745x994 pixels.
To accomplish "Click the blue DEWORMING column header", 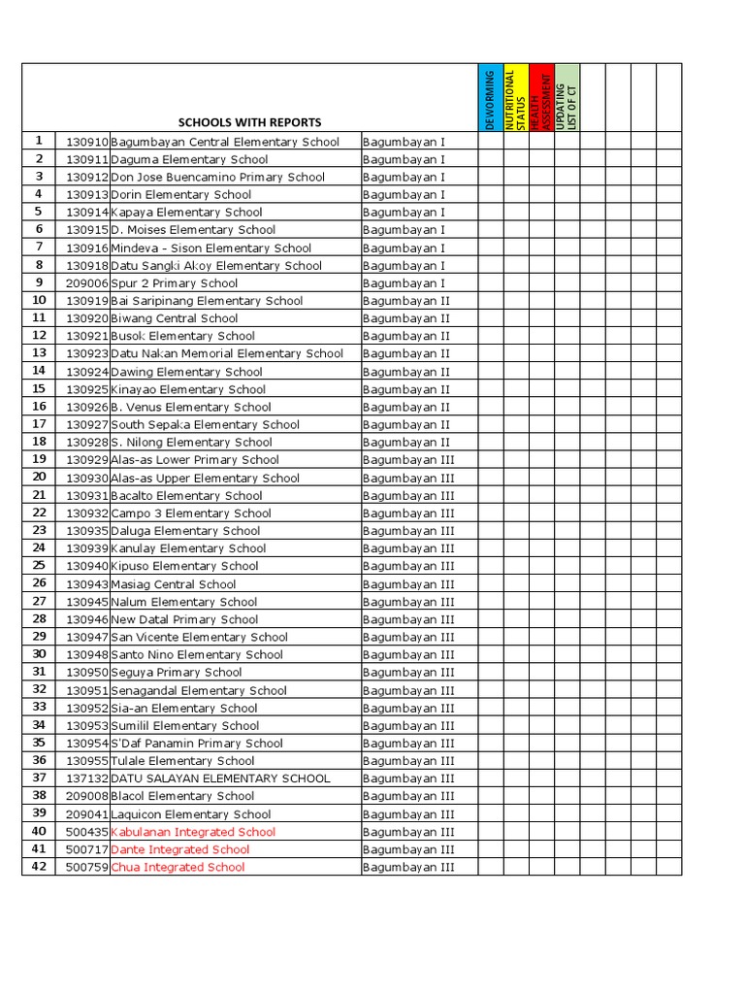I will pyautogui.click(x=490, y=98).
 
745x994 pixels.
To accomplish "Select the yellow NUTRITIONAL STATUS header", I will pyautogui.click(x=515, y=98).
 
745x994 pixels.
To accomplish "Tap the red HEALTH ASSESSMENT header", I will pyautogui.click(x=540, y=98).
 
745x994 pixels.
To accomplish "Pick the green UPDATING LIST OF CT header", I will pyautogui.click(x=567, y=98).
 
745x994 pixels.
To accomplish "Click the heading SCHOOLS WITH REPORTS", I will pyautogui.click(x=249, y=122).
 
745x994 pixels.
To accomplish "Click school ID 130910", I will pyautogui.click(x=87, y=142).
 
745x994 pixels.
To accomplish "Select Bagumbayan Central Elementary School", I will pyautogui.click(x=225, y=142).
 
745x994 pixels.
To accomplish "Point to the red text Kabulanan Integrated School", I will pyautogui.click(x=193, y=832).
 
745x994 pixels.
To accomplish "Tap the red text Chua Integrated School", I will pyautogui.click(x=178, y=867).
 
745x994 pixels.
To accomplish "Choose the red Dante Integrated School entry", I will pyautogui.click(x=179, y=849).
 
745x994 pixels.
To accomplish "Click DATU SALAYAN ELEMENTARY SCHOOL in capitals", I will pyautogui.click(x=220, y=779).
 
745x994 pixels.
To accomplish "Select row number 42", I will pyautogui.click(x=39, y=867).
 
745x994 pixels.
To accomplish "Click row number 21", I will pyautogui.click(x=39, y=495).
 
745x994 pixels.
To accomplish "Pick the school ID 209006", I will pyautogui.click(x=87, y=283).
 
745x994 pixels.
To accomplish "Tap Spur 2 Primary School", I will pyautogui.click(x=175, y=283).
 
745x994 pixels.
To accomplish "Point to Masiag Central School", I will pyautogui.click(x=174, y=584).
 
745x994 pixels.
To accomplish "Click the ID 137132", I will pyautogui.click(x=87, y=779).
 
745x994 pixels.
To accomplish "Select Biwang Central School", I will pyautogui.click(x=175, y=318).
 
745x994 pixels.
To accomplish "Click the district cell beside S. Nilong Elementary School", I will pyautogui.click(x=405, y=443).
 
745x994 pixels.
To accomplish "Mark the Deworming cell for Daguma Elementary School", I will pyautogui.click(x=490, y=159).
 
